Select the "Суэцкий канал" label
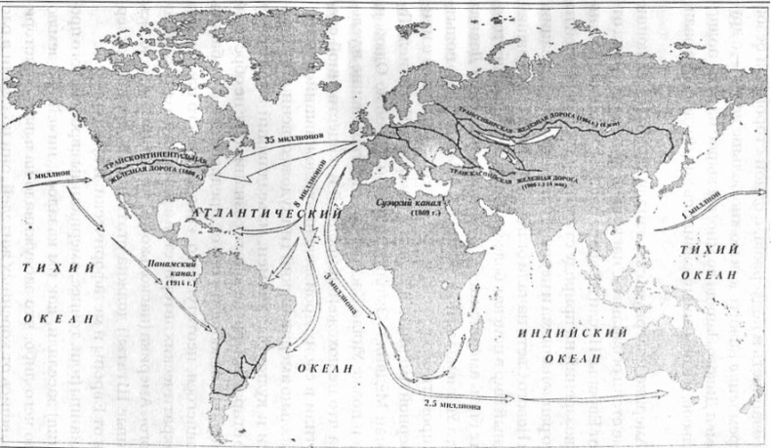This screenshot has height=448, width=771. (408, 205)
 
